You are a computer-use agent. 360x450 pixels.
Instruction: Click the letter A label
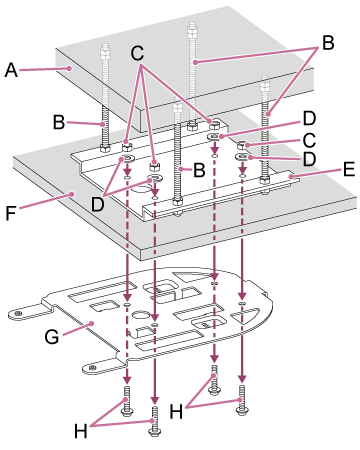tap(11, 70)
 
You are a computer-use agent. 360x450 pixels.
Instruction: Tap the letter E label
tap(348, 169)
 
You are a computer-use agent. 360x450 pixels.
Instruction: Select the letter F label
tap(11, 213)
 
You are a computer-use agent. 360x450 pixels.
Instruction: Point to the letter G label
tap(52, 336)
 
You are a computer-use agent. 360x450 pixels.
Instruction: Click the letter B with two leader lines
tap(328, 43)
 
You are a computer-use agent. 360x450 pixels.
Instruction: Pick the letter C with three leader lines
tap(137, 53)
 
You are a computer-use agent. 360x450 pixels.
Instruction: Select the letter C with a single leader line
tap(309, 140)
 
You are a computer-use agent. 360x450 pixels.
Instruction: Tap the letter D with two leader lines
tap(98, 204)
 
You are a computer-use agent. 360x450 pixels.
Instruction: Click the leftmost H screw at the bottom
tap(127, 401)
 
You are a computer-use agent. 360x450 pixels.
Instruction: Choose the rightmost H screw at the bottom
tap(242, 400)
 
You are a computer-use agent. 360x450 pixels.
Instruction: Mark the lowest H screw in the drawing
tap(155, 420)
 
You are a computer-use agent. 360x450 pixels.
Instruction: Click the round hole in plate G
tap(141, 315)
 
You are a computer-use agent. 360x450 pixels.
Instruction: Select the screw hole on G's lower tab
tap(92, 368)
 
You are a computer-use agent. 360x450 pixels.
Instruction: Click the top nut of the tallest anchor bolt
tap(192, 29)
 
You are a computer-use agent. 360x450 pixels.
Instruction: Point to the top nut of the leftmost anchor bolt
tap(105, 50)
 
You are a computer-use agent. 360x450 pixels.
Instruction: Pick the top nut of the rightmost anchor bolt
tap(265, 82)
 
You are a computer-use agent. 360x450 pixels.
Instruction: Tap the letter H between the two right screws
tap(176, 411)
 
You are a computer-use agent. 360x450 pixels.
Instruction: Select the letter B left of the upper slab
tap(59, 122)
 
